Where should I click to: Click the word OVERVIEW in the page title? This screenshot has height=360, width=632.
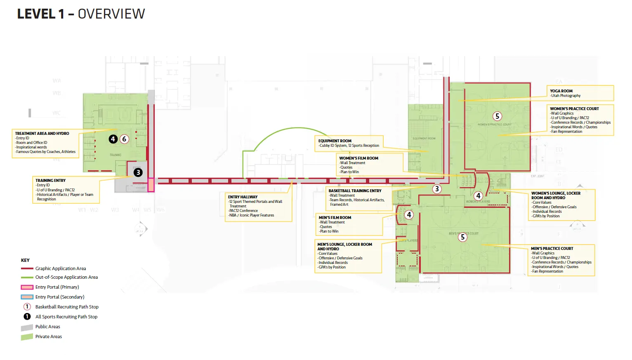click(x=111, y=14)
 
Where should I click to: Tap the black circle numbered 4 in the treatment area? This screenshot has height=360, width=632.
click(x=113, y=139)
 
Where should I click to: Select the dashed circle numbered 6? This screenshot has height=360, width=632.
click(x=124, y=139)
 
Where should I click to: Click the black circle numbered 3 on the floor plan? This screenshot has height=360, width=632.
click(x=138, y=172)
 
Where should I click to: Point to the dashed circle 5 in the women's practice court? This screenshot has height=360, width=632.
click(x=497, y=116)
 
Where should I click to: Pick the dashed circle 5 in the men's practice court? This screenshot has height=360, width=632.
click(x=463, y=237)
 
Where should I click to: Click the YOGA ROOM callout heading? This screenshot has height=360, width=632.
click(x=561, y=91)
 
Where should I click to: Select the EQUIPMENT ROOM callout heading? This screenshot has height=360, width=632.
click(x=335, y=141)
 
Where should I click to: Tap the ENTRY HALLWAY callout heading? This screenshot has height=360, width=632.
click(x=243, y=197)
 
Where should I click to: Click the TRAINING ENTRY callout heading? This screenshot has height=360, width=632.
click(x=50, y=181)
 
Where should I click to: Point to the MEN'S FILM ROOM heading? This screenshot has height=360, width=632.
click(x=335, y=218)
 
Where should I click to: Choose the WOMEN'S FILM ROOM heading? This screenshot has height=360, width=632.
click(x=358, y=158)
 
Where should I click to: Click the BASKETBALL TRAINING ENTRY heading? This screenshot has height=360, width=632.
click(x=355, y=191)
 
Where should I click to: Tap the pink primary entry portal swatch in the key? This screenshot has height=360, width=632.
click(x=27, y=287)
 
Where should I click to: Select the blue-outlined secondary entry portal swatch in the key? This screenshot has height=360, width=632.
click(x=27, y=297)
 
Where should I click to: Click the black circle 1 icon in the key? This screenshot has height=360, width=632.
click(x=27, y=317)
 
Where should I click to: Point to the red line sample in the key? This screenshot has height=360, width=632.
click(x=27, y=268)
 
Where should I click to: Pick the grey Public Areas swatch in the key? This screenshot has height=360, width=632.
click(x=27, y=327)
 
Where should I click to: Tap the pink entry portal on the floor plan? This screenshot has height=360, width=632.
click(x=151, y=184)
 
